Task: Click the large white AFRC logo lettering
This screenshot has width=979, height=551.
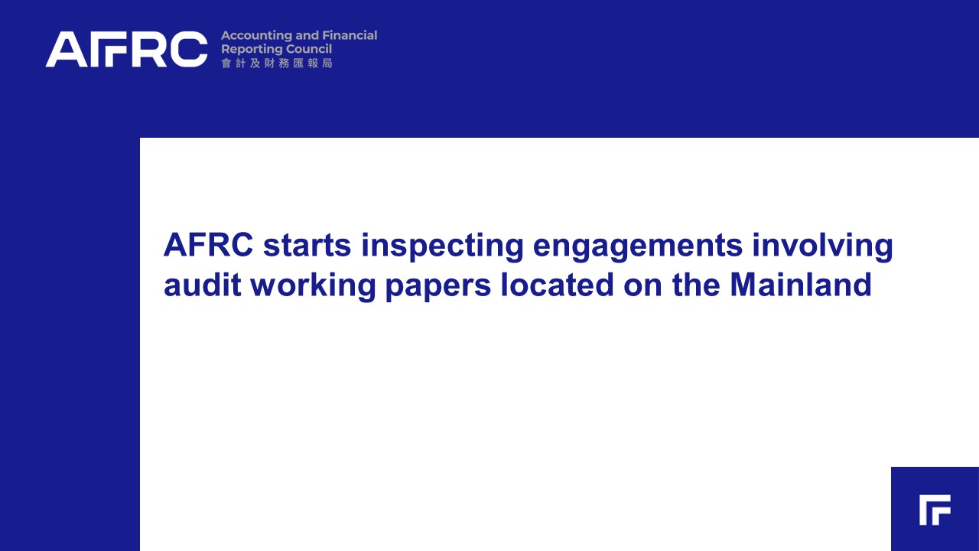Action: (127, 49)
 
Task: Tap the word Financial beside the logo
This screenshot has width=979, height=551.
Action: (350, 35)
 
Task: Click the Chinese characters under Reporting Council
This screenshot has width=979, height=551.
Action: (277, 64)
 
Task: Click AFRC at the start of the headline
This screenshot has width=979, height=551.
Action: (209, 245)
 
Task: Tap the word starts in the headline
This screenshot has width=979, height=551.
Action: (307, 246)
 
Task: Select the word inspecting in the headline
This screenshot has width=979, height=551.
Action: (442, 247)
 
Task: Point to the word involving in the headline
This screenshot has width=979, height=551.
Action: (822, 247)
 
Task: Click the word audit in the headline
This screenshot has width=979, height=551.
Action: (203, 285)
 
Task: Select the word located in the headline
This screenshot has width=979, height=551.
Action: (558, 285)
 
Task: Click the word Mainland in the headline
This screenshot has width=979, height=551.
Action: (801, 285)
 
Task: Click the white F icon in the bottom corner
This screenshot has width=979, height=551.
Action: (935, 510)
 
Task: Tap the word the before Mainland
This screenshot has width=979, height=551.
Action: (696, 285)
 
